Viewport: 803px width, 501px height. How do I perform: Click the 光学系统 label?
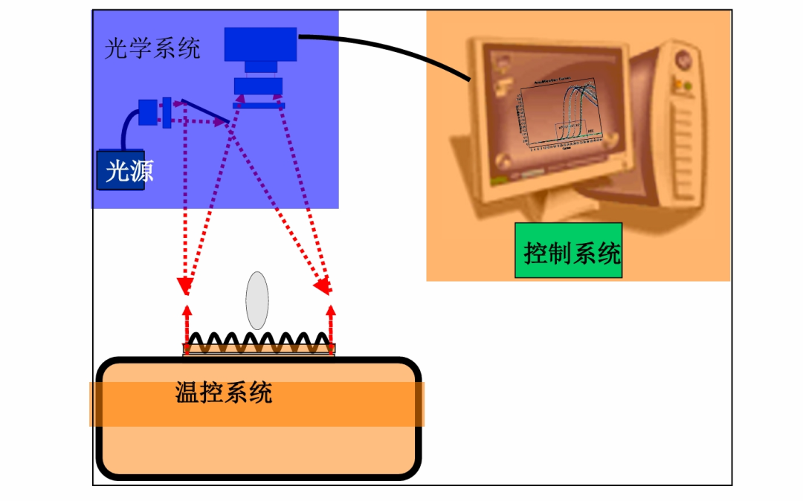152,50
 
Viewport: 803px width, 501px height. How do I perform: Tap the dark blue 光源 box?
121,170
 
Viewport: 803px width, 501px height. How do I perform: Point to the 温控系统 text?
223,392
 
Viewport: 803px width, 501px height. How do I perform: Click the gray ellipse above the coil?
257,300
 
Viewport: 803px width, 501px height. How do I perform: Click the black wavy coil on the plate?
259,343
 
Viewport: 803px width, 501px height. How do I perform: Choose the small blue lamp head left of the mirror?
149,111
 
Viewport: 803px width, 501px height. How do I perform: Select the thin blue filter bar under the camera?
258,106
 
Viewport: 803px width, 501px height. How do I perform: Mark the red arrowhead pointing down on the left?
183,286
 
